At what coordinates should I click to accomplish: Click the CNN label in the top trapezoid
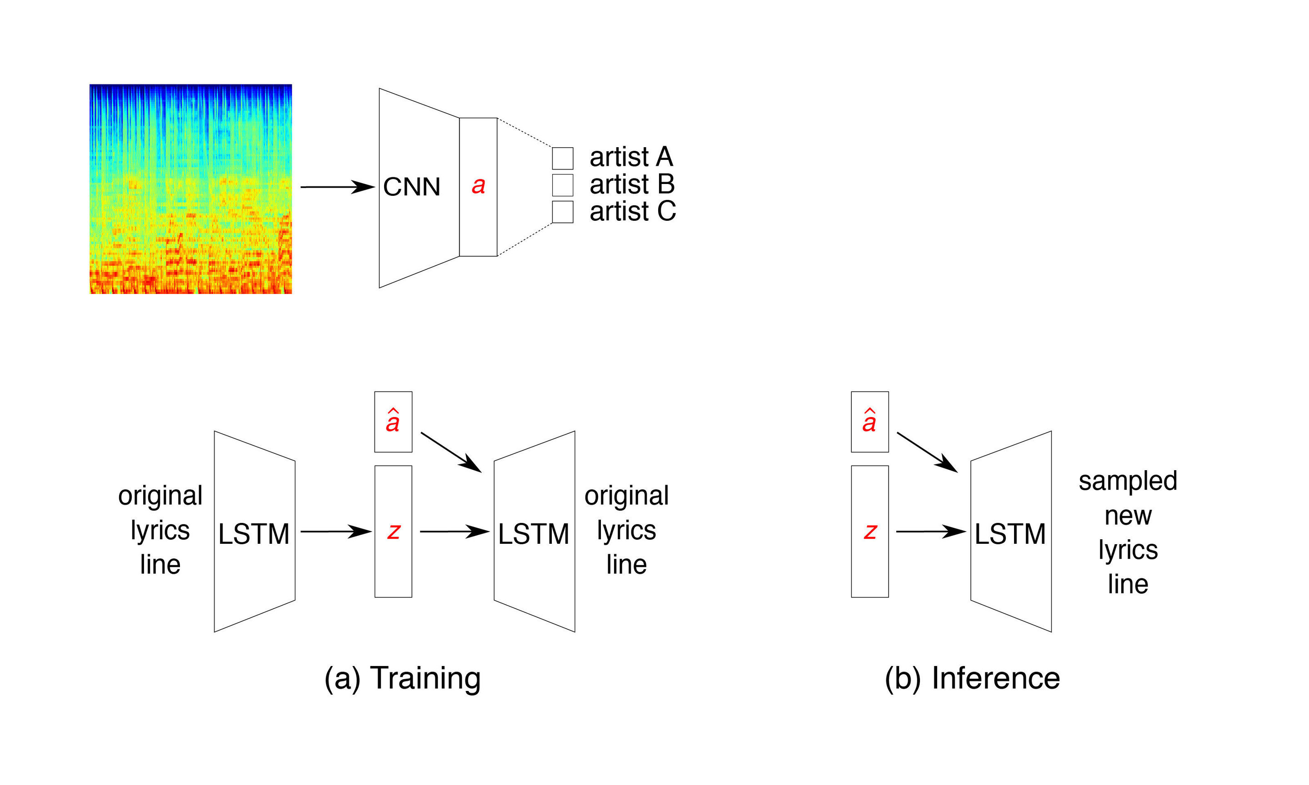[x=411, y=187]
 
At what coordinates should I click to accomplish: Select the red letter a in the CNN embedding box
[x=478, y=186]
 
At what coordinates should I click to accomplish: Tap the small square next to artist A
[x=562, y=158]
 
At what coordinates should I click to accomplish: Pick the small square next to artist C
[x=562, y=212]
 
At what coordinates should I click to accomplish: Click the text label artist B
[x=632, y=184]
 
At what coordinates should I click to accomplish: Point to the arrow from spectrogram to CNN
[x=337, y=187]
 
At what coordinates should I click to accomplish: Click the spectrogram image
[x=190, y=189]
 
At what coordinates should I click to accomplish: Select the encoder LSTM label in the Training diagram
[x=254, y=534]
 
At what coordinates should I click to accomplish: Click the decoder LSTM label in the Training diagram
[x=533, y=534]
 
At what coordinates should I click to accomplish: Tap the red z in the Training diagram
[x=393, y=531]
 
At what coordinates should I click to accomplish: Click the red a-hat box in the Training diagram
[x=393, y=422]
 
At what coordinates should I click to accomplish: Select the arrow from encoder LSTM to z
[x=335, y=531]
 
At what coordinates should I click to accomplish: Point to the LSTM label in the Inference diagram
[x=1009, y=534]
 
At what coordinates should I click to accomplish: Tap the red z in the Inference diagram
[x=869, y=531]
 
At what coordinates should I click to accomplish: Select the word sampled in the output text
[x=1128, y=481]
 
